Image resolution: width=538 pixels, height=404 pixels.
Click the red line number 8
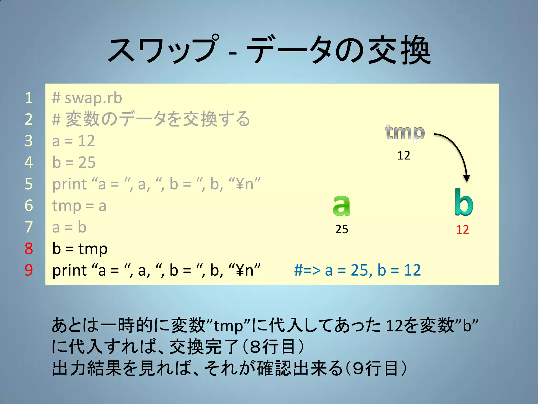[29, 249]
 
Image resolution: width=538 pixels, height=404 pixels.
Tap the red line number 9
[29, 270]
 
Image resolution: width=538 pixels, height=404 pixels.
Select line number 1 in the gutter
[29, 98]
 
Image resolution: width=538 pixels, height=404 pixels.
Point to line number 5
[29, 184]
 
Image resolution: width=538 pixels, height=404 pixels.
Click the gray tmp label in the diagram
[405, 133]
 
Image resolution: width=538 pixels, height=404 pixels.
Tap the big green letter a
[341, 206]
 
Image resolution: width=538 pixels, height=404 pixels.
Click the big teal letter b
[464, 203]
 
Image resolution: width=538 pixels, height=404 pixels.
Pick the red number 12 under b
[462, 230]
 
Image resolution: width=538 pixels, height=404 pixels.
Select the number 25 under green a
[342, 229]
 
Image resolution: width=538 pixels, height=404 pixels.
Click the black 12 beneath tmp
[403, 155]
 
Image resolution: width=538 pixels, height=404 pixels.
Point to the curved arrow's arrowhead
[466, 179]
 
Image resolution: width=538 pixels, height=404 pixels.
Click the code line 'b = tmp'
[80, 249]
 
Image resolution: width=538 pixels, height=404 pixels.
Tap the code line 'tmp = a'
[79, 206]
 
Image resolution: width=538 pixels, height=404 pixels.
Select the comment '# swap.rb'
[87, 98]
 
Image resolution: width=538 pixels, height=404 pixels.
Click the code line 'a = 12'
[74, 141]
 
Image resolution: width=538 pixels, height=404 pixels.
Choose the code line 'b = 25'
[74, 162]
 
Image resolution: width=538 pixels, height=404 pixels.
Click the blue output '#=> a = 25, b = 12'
[357, 270]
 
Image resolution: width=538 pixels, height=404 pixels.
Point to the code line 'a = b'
[69, 227]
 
